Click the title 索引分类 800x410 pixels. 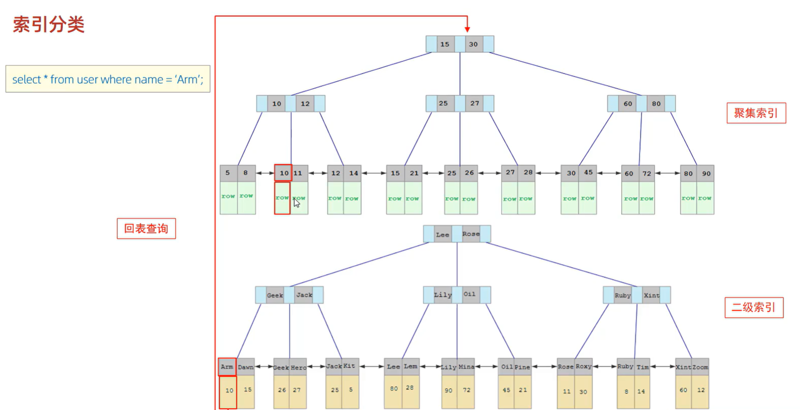49,24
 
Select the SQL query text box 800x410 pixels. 108,79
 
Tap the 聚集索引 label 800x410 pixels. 756,113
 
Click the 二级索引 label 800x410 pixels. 754,307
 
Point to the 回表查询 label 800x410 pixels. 146,228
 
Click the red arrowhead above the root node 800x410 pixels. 467,29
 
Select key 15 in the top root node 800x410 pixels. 445,44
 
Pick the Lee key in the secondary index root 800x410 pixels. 443,234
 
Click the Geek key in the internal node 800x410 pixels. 275,295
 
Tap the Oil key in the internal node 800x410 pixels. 469,295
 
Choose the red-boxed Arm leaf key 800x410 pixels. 227,367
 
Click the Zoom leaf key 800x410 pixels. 700,367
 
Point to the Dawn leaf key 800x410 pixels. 246,367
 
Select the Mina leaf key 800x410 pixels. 466,367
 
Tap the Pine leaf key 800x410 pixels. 522,367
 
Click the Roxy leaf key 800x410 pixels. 583,367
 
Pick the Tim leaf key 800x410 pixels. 642,367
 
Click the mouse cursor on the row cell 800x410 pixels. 297,203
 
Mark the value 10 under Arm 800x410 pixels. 229,390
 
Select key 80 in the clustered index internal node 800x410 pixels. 656,104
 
